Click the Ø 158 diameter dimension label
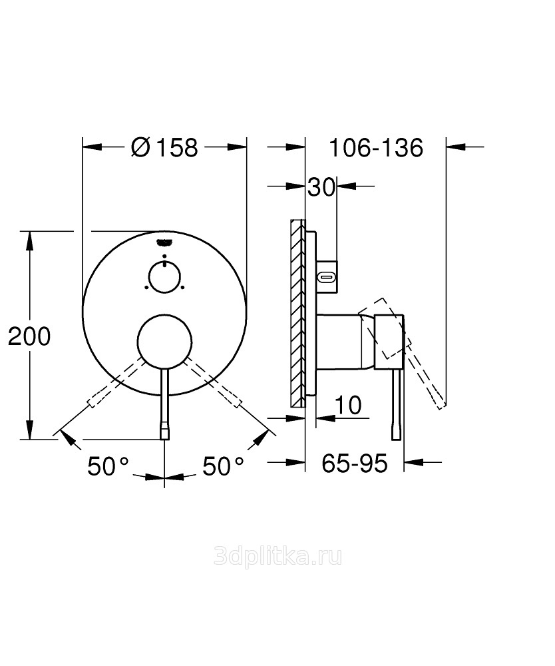[x=164, y=147]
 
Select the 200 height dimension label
[x=29, y=336]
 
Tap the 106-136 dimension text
[x=376, y=148]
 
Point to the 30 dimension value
[x=321, y=187]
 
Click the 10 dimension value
[x=348, y=405]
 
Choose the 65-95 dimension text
[x=354, y=463]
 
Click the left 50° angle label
[x=108, y=466]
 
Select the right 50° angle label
[x=223, y=466]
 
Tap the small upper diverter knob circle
[x=164, y=277]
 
